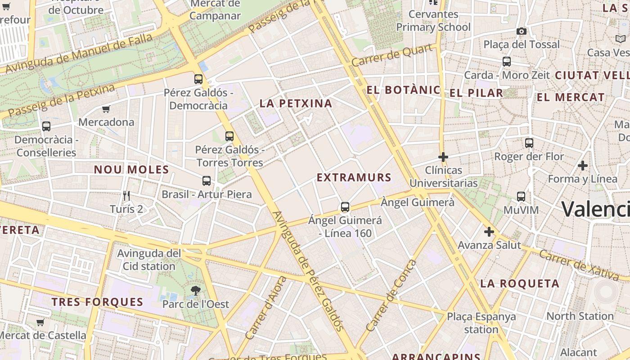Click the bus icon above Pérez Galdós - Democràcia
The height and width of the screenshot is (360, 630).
click(x=198, y=79)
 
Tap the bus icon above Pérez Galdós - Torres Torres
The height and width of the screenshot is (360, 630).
click(x=229, y=136)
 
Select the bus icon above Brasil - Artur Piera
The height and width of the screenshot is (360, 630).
click(x=207, y=181)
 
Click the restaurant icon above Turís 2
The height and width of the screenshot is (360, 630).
click(x=126, y=196)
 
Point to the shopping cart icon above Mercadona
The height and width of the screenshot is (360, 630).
click(x=106, y=109)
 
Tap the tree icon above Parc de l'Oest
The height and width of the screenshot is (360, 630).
click(x=195, y=291)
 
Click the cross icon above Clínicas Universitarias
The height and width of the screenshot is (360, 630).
click(x=443, y=157)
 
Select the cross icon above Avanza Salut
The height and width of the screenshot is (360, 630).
click(x=489, y=232)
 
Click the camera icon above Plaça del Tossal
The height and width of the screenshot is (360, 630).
click(x=522, y=31)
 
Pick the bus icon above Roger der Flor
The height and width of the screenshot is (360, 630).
click(x=529, y=143)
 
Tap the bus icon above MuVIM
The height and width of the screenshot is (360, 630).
click(x=521, y=197)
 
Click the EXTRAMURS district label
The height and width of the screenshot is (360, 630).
click(x=354, y=178)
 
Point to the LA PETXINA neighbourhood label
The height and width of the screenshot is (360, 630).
click(x=296, y=103)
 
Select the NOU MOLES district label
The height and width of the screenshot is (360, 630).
click(x=131, y=170)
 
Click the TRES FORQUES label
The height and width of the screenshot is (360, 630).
click(x=97, y=302)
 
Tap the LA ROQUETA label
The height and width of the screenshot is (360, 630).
click(x=520, y=283)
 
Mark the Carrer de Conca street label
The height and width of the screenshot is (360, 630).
click(x=392, y=295)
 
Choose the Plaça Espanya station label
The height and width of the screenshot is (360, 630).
click(x=481, y=323)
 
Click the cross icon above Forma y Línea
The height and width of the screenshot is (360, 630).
click(x=583, y=166)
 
